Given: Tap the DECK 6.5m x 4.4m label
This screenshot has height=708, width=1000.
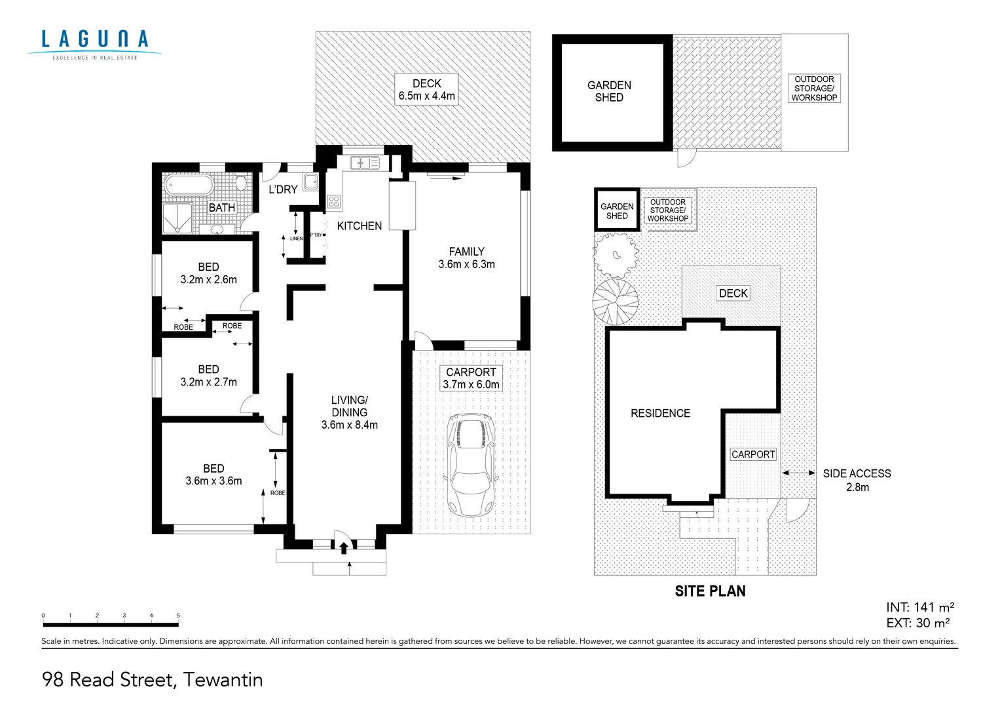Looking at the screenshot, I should (x=426, y=90).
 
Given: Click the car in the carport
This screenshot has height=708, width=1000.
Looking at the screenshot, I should (x=470, y=465).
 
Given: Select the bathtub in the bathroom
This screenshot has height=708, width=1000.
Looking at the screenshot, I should (x=189, y=185).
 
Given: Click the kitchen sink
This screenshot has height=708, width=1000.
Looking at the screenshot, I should (x=364, y=163).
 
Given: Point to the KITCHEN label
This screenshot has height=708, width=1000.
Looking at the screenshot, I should (x=359, y=226).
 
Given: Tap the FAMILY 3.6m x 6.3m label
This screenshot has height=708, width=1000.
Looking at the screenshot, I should (x=466, y=258).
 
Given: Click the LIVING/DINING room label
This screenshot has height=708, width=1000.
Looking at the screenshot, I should (x=349, y=412).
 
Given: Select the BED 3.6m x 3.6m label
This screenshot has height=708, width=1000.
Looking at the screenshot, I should (x=213, y=475).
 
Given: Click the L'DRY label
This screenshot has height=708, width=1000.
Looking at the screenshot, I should (x=283, y=189).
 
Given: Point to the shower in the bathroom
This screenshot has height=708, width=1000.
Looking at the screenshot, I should (x=177, y=218).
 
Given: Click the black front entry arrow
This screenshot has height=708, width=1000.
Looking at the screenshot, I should (x=344, y=548).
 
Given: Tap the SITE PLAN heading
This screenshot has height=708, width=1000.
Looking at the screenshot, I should (x=710, y=591).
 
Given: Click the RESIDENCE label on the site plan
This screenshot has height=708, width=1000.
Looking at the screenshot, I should (x=660, y=414).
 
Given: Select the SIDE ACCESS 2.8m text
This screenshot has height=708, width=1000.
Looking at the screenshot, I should (x=857, y=480).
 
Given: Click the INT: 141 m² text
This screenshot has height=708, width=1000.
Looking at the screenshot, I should (x=919, y=607).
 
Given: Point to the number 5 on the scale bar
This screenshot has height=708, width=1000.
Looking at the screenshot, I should (x=178, y=616).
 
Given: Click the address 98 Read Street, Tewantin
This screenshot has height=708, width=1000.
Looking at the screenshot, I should (x=153, y=680).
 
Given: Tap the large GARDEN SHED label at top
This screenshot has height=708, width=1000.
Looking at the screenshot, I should (x=609, y=91).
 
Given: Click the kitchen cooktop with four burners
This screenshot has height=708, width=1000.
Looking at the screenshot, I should (x=334, y=201).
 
